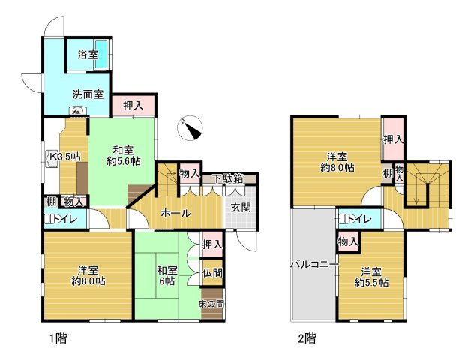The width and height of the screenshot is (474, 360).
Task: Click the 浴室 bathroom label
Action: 88,55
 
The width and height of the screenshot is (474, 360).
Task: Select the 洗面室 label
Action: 88,94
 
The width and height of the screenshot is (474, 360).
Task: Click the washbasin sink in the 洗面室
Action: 78,111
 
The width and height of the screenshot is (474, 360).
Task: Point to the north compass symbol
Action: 190,127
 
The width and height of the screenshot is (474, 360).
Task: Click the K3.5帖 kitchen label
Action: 65,157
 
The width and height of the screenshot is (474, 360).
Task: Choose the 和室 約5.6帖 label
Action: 123,156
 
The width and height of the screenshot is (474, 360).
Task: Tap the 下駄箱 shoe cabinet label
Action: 229,179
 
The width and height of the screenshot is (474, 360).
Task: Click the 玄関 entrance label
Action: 241,207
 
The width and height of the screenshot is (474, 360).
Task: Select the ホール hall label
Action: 176,214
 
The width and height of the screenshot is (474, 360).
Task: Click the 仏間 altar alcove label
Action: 212,273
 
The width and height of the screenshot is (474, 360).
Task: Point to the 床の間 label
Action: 211,304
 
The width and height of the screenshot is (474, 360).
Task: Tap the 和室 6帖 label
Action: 166,275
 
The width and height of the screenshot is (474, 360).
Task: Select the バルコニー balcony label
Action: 314,265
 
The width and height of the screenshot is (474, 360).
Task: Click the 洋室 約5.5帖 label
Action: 371,277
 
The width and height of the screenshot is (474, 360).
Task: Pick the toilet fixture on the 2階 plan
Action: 343,219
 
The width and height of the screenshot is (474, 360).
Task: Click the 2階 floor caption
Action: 307,338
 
